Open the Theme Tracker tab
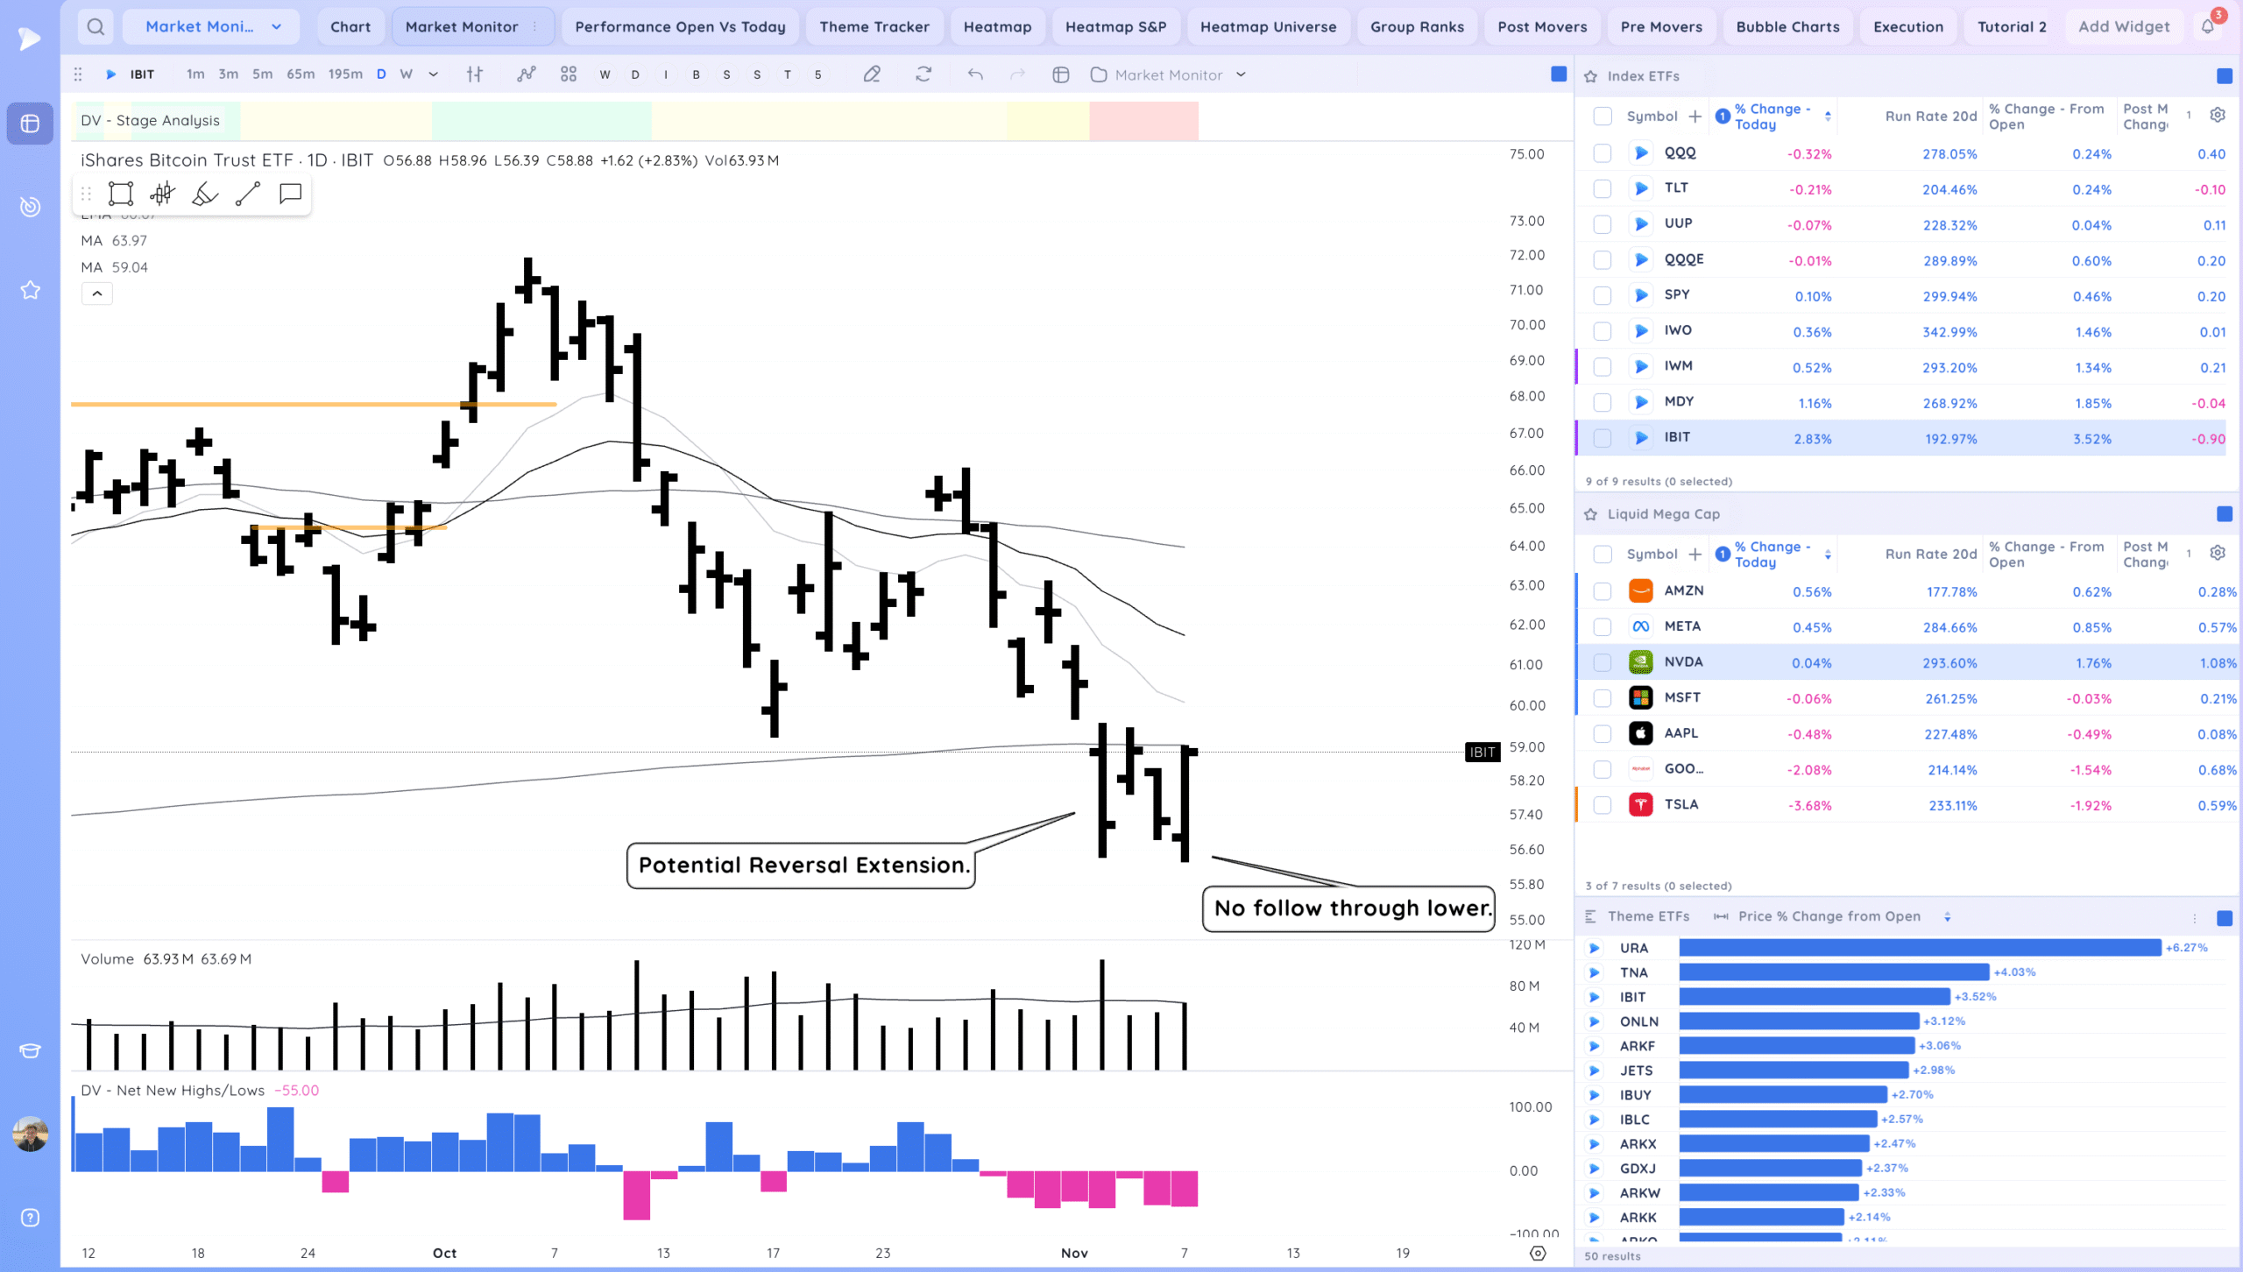[x=874, y=27]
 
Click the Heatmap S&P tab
[x=1115, y=27]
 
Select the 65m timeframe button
[x=301, y=74]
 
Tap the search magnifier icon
[x=96, y=27]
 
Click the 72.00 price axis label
[x=1526, y=255]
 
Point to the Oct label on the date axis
[x=444, y=1253]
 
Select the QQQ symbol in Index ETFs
[x=1680, y=153]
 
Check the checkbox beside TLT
[x=1603, y=188]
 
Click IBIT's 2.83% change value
[x=1812, y=439]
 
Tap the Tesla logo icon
[x=1640, y=804]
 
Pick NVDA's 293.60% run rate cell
[x=1949, y=663]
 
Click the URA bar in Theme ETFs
[x=1919, y=948]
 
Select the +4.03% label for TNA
[x=2014, y=972]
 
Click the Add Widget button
[x=2124, y=27]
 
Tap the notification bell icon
[x=2207, y=26]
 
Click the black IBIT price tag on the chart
[x=1482, y=752]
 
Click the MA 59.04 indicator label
[x=115, y=267]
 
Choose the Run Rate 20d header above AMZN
[x=1931, y=554]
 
